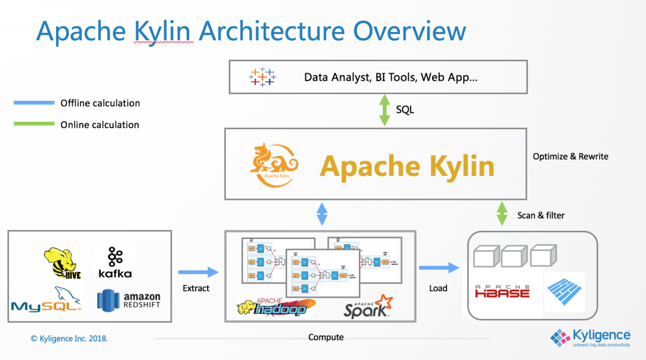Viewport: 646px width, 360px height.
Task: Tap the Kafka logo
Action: point(115,262)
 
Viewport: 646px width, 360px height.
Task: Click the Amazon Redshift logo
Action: point(129,299)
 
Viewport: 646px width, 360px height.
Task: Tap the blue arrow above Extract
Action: point(197,272)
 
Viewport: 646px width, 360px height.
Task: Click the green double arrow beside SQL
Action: point(384,110)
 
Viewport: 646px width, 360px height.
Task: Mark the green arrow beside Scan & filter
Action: point(502,214)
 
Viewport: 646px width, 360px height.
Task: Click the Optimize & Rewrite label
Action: point(570,156)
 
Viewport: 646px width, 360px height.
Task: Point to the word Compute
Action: point(326,337)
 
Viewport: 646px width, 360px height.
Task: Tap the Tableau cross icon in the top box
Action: point(262,77)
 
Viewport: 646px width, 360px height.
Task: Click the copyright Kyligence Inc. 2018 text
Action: point(69,339)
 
